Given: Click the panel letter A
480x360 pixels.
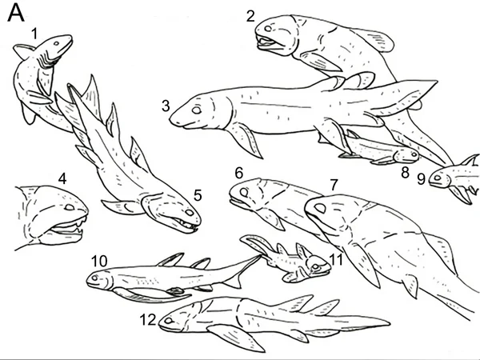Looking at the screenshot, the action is point(16,14).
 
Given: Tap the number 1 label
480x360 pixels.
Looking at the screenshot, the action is point(34,34).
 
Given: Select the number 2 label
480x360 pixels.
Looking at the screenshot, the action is point(250,16).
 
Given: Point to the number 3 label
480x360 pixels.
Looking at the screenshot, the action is point(166,106).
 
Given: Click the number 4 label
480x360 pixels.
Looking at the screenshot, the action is point(62,178).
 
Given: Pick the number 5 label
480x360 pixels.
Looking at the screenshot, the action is point(198,195).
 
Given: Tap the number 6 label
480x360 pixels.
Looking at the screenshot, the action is point(239,174).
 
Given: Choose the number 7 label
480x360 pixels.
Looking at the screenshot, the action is point(334,184).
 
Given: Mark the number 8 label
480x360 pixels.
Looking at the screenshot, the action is point(405,173).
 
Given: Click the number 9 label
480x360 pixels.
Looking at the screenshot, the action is point(422,179).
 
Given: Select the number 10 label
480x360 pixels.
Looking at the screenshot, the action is point(99,261).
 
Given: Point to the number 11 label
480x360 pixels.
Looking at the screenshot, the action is point(336,259).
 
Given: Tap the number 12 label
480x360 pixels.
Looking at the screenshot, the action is point(148,320).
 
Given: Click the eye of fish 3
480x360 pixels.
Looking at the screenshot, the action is point(197,110).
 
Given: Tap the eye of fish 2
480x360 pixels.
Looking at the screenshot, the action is point(268,29).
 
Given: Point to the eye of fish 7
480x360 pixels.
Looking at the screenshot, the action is point(320,208).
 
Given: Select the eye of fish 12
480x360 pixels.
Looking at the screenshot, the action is point(168,321).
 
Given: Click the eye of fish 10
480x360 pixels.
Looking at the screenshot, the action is point(94,278).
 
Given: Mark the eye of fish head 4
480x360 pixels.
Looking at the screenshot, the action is point(70,207).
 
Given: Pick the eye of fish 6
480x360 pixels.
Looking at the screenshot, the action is point(244,193).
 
